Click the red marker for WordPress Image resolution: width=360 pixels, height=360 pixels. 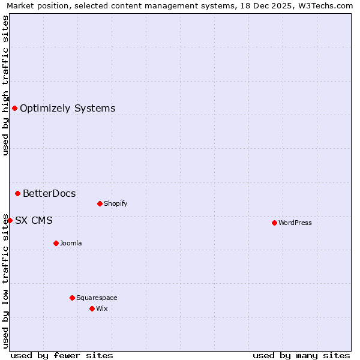point(274,223)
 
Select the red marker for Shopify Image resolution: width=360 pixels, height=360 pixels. point(100,203)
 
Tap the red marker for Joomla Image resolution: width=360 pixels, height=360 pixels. point(56,243)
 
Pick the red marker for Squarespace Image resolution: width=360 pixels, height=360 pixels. point(72,298)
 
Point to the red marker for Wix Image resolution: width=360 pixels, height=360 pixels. point(92,308)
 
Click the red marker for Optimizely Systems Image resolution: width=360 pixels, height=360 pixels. point(14,108)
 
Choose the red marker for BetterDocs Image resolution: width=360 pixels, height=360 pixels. point(17,193)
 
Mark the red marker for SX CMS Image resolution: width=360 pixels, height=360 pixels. point(10,220)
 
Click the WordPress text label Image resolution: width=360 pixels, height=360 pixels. point(295,223)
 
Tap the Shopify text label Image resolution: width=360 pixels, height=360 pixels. point(116,203)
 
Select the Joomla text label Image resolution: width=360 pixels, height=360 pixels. point(71,243)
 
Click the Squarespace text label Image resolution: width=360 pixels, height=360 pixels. point(97,298)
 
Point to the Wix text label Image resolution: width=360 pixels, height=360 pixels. point(101,308)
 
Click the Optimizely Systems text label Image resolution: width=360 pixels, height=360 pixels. point(68,109)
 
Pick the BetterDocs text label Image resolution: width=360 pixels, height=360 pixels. point(49,193)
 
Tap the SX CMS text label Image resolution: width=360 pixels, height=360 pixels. point(34,220)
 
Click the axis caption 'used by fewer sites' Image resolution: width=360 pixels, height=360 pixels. point(62,355)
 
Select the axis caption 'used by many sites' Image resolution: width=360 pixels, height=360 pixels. point(301,355)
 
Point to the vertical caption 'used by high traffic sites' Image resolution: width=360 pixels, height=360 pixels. point(6,85)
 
